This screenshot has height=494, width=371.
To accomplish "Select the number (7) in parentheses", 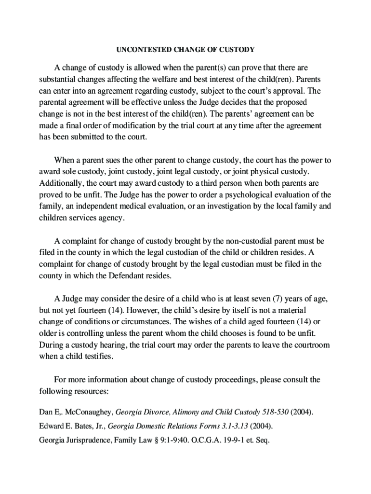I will (x=278, y=299).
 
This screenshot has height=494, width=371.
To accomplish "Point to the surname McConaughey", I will (x=87, y=412).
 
